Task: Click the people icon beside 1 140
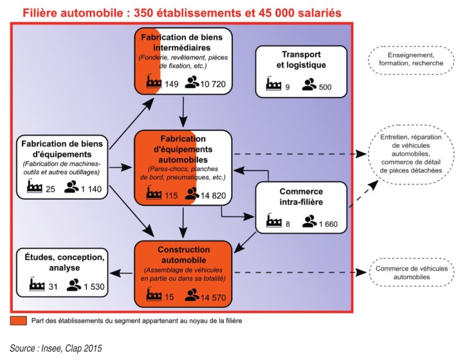point(71,187)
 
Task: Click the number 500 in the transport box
point(325,87)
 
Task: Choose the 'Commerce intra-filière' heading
point(301,197)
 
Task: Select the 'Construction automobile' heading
point(183,254)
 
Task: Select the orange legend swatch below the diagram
point(19,321)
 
